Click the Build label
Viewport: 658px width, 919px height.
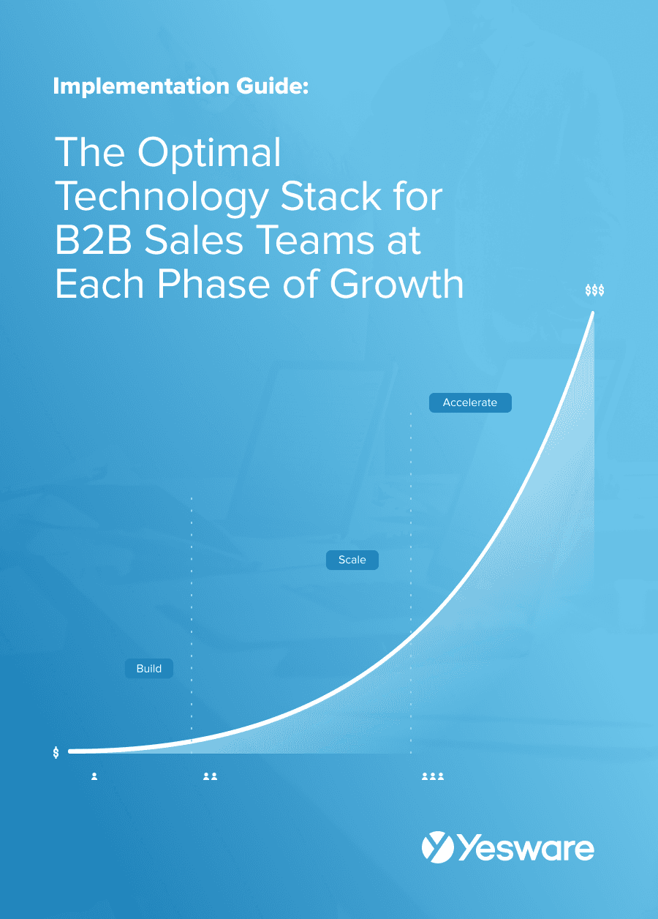pyautogui.click(x=149, y=668)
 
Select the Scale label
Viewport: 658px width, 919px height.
pyautogui.click(x=352, y=560)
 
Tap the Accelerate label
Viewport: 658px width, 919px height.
pyautogui.click(x=470, y=402)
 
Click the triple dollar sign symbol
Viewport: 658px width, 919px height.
pyautogui.click(x=594, y=290)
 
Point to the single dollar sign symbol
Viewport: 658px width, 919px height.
pyautogui.click(x=56, y=752)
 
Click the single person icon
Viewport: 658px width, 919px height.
pyautogui.click(x=94, y=776)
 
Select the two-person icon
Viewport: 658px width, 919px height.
pyautogui.click(x=211, y=776)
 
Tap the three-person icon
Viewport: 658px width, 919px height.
pyautogui.click(x=433, y=776)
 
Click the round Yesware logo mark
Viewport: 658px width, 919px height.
pyautogui.click(x=438, y=847)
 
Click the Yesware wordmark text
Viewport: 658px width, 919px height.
pyautogui.click(x=526, y=848)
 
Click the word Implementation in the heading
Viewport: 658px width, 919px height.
pyautogui.click(x=141, y=86)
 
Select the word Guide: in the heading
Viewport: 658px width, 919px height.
pyautogui.click(x=272, y=86)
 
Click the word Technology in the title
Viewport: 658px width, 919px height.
pyautogui.click(x=162, y=198)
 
